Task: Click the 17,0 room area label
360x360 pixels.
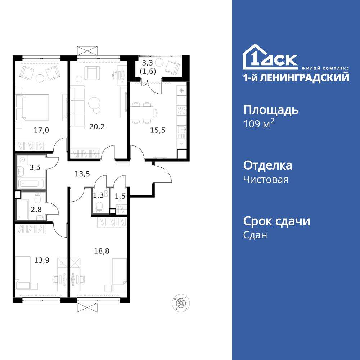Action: click(x=41, y=130)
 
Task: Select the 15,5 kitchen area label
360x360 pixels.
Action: click(x=157, y=130)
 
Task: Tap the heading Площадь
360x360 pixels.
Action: click(x=271, y=110)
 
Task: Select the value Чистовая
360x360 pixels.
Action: click(x=266, y=179)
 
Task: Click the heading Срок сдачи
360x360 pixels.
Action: click(x=276, y=221)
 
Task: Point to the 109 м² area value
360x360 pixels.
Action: click(x=259, y=124)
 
